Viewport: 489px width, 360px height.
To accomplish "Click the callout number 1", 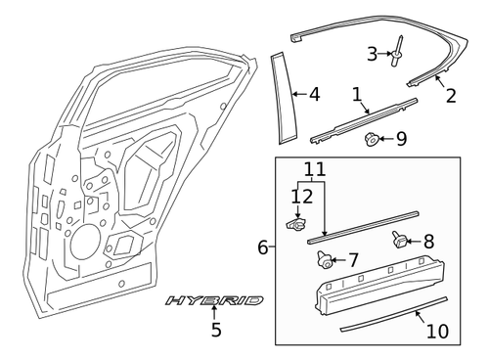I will click(x=357, y=95).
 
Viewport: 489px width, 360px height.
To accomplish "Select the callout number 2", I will click(x=450, y=95).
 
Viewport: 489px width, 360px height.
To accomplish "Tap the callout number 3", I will click(x=372, y=53).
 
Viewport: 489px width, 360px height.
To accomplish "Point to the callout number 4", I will click(x=313, y=95).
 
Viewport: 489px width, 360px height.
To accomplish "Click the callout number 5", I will click(x=216, y=330).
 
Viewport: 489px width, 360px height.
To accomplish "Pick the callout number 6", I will click(x=262, y=247).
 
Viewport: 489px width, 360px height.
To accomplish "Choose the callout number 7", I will click(x=354, y=261).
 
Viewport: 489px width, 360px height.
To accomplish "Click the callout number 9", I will click(x=401, y=139).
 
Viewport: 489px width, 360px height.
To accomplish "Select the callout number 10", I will click(x=437, y=331).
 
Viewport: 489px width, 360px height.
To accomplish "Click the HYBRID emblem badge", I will click(x=214, y=300).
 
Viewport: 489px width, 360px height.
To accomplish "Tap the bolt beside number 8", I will click(x=398, y=238).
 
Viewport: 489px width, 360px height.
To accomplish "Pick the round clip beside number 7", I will click(x=324, y=259).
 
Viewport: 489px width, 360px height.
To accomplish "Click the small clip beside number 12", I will click(x=295, y=225).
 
